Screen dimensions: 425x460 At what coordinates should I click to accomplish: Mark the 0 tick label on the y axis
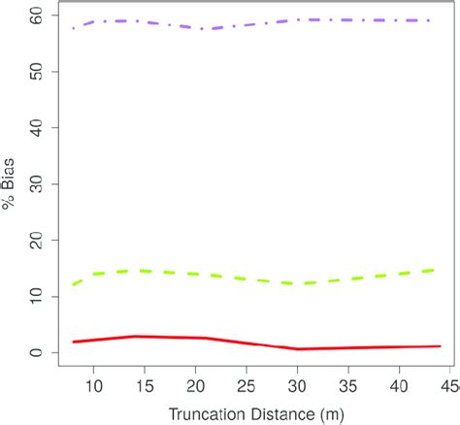tap(38, 353)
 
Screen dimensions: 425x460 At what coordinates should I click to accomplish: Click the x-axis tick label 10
tap(94, 387)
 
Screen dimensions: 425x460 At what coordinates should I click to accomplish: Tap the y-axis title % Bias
tap(11, 184)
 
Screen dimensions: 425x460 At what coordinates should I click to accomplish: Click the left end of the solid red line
tap(74, 342)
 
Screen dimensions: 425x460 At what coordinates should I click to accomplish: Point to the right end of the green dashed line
tap(433, 271)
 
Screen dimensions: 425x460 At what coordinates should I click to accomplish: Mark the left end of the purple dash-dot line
tap(74, 28)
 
